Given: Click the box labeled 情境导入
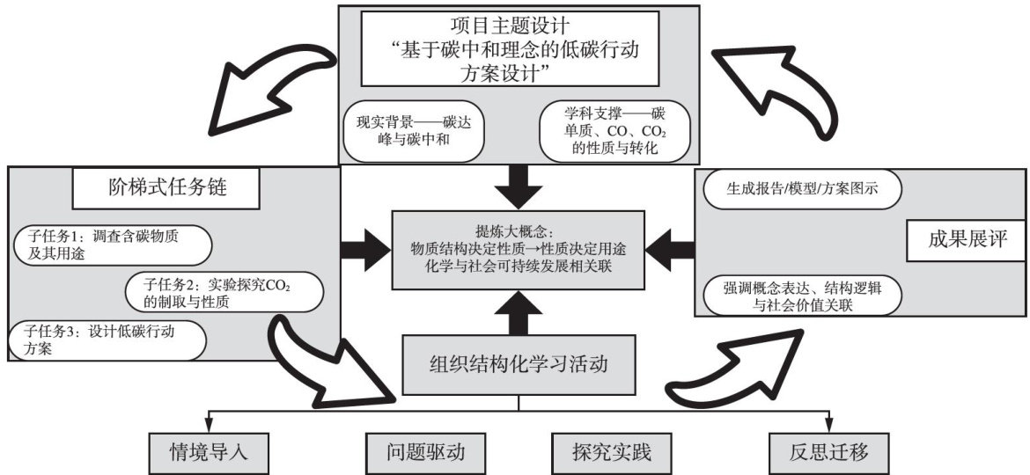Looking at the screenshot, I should pos(209,454).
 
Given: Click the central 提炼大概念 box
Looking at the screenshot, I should pos(518,251).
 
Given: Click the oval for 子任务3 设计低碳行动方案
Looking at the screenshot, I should pos(104,340).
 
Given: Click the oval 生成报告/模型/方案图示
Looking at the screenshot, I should pos(801,188).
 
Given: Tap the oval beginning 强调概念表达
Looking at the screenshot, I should pos(801,296).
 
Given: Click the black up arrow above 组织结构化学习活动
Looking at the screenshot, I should pos(518,313).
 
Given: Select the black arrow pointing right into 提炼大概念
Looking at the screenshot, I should pos(363,249).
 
